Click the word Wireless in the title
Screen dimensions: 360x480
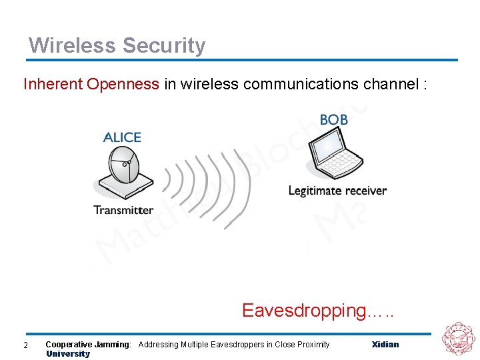[x=71, y=46]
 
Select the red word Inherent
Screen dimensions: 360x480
[x=53, y=84]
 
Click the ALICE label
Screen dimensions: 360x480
[x=122, y=137]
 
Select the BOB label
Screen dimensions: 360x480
[x=333, y=120]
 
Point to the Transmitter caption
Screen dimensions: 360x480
[x=123, y=210]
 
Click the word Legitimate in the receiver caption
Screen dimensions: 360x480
[x=312, y=191]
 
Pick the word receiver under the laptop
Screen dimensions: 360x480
[x=363, y=191]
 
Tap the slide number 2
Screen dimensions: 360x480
[x=25, y=345]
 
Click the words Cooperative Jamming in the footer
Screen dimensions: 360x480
[x=88, y=345]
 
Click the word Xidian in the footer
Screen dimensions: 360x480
[x=385, y=345]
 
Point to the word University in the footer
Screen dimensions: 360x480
[x=67, y=354]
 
